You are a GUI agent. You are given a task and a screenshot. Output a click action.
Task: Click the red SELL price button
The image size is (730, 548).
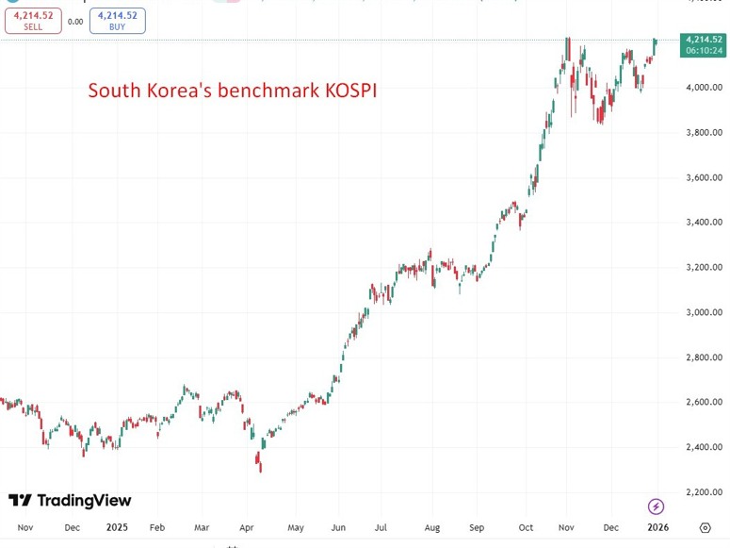tap(33, 21)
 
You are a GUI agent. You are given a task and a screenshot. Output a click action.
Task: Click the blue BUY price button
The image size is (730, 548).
tap(118, 21)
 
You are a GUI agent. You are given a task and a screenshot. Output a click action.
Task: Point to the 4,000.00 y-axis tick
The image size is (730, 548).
tap(704, 88)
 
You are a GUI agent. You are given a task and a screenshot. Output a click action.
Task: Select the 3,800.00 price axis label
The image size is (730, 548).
tap(704, 133)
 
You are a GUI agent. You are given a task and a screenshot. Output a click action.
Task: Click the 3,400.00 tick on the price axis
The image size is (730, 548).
tap(704, 223)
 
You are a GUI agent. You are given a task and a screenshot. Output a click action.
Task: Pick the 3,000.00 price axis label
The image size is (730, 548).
tap(704, 312)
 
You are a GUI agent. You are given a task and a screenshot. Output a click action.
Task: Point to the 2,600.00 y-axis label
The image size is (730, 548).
tap(704, 402)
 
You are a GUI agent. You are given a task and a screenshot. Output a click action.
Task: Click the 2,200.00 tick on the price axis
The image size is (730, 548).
tap(704, 491)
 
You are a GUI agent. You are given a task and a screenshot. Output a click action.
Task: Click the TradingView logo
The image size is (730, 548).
tap(70, 500)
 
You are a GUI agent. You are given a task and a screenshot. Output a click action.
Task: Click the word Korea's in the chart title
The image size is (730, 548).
tap(179, 91)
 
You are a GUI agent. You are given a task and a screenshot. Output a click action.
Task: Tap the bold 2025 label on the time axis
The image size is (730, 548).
tap(117, 528)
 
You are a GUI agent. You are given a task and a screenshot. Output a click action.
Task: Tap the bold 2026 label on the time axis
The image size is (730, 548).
tap(657, 528)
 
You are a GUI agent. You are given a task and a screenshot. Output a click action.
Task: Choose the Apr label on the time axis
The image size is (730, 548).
tap(248, 528)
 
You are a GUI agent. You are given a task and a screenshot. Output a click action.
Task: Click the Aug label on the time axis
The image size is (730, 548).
tap(432, 528)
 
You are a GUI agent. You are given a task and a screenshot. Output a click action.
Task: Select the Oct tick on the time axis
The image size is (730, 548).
tap(525, 528)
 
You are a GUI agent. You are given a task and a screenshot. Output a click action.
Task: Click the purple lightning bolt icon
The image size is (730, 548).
tap(657, 506)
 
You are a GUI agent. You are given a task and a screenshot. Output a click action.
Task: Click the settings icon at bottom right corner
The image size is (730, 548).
tap(705, 528)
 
